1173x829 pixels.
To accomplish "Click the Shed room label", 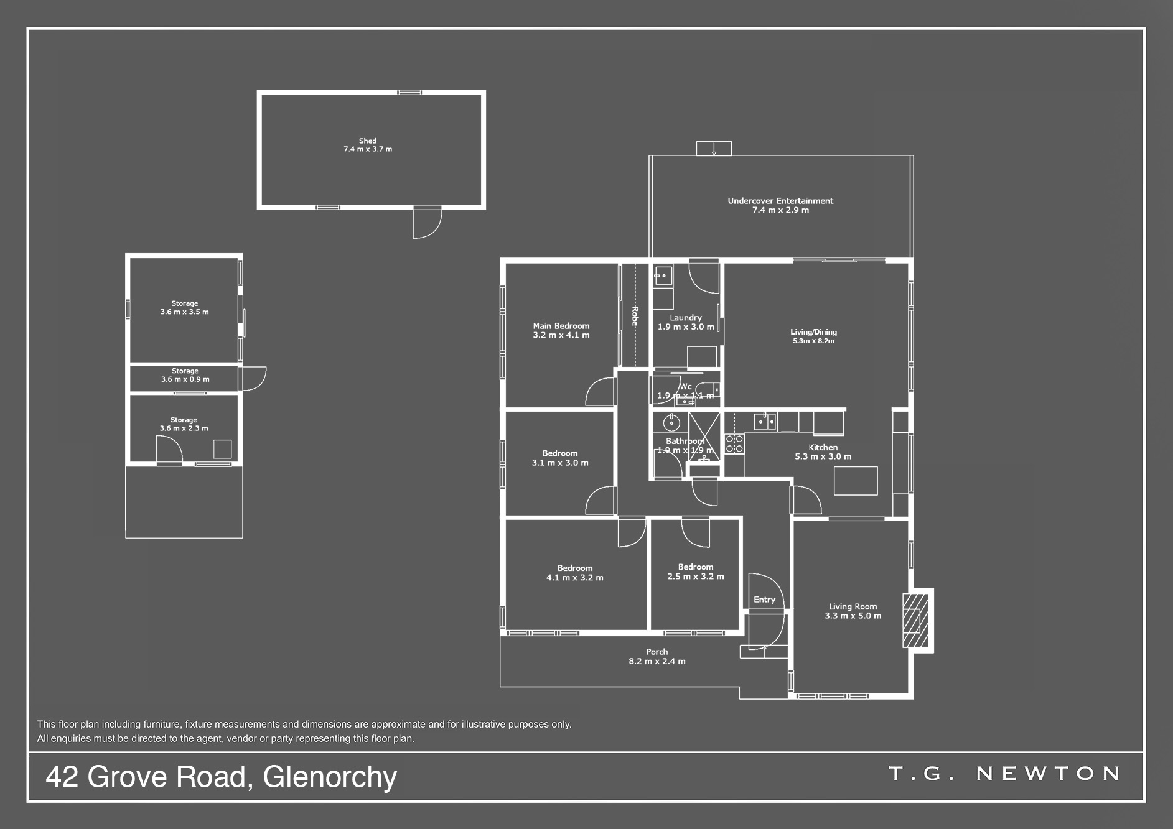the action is click(368, 141).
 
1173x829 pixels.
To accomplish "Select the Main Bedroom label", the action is click(561, 326).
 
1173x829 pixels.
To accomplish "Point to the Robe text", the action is click(635, 316).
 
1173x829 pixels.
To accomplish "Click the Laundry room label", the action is click(686, 318).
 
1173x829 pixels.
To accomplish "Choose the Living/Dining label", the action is click(814, 332).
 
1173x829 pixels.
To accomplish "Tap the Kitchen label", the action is click(823, 447).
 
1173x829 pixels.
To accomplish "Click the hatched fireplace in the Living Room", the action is click(916, 621).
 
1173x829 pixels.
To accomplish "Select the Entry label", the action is click(764, 600).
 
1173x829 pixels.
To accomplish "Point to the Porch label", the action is click(657, 652).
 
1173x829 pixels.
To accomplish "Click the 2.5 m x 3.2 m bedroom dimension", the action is click(696, 577).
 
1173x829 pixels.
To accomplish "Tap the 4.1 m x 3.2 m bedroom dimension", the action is click(575, 578).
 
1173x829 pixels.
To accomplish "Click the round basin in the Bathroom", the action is click(671, 424).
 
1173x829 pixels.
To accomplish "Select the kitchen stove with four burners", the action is click(734, 444).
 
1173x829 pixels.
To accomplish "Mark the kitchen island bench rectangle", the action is click(856, 481).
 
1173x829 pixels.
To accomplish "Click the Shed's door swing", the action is click(428, 223).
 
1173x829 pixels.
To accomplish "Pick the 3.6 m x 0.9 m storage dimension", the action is click(185, 379).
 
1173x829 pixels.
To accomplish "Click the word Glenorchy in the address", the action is click(330, 777).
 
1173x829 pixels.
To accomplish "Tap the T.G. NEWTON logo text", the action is click(1004, 774).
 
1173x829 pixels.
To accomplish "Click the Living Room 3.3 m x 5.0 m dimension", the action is click(853, 616).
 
